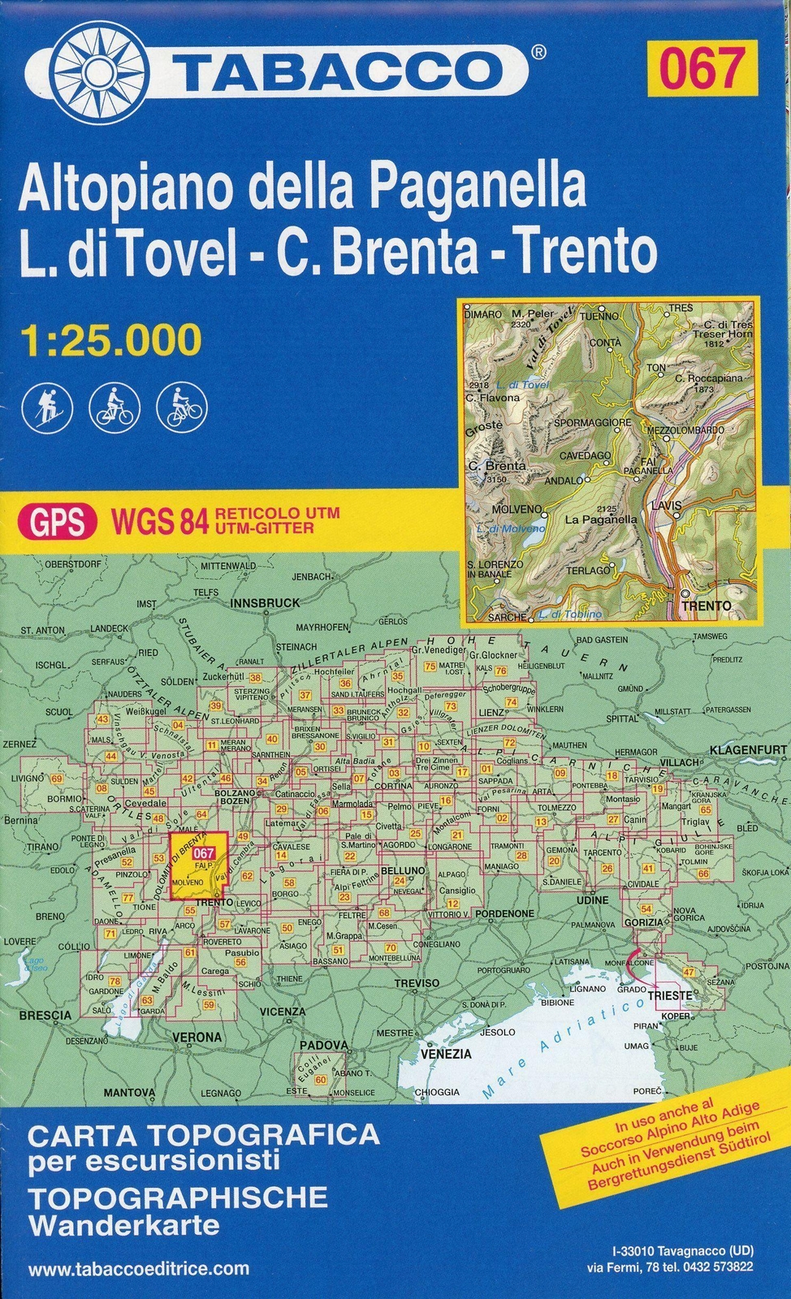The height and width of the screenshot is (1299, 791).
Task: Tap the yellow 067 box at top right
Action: (x=702, y=68)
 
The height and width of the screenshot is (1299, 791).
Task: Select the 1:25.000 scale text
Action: (x=110, y=339)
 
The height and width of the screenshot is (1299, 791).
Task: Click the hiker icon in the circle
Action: (x=47, y=407)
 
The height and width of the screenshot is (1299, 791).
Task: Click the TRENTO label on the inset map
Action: (x=706, y=606)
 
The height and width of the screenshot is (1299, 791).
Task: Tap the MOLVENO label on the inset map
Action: (x=516, y=509)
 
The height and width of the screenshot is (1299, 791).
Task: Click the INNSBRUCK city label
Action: (x=265, y=603)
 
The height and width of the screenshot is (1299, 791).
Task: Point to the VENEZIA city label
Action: (x=446, y=1054)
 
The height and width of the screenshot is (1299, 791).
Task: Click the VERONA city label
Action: (x=197, y=1037)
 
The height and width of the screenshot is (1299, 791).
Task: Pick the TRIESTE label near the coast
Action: (x=669, y=995)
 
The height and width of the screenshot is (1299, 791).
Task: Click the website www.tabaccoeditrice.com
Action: (x=138, y=1269)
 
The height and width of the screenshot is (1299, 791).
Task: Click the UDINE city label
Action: (x=592, y=900)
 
